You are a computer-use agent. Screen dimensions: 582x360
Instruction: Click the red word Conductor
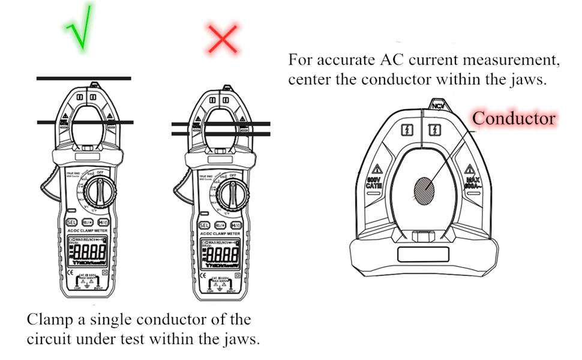pyautogui.click(x=514, y=118)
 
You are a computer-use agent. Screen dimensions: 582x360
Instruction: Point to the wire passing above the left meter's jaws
pyautogui.click(x=83, y=79)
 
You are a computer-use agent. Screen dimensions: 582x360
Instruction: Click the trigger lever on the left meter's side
pyautogui.click(x=46, y=187)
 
